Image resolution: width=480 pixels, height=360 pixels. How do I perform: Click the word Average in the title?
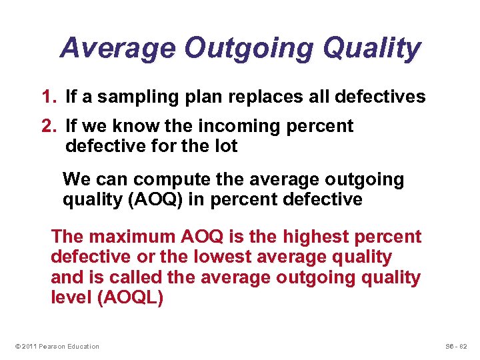coord(118,49)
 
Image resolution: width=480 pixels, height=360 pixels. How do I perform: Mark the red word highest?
coord(318,237)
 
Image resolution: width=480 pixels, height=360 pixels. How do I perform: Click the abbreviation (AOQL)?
coord(130,297)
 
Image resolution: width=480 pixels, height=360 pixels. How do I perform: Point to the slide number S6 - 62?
coord(456,346)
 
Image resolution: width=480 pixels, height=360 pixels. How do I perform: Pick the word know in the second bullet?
coord(139,127)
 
